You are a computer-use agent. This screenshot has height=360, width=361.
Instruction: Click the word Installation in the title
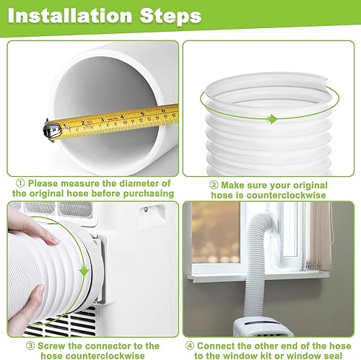click(70, 16)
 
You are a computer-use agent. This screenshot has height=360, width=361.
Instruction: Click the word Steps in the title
click(170, 16)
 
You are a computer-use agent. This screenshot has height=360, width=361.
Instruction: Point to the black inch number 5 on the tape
click(142, 113)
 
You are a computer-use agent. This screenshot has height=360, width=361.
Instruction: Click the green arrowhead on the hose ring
click(273, 119)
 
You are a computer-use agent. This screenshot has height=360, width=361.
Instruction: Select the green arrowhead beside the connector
click(84, 271)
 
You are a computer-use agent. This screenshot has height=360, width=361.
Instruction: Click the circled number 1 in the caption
click(20, 183)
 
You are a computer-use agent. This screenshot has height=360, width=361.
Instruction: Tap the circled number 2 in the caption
click(214, 185)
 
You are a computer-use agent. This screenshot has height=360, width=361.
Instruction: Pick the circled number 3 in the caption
click(30, 346)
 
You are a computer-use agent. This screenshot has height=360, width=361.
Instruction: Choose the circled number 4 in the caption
click(190, 346)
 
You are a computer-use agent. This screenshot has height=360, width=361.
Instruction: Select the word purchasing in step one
click(149, 193)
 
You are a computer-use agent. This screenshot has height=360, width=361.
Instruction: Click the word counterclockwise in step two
click(286, 195)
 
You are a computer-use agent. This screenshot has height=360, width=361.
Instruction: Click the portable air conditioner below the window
click(262, 327)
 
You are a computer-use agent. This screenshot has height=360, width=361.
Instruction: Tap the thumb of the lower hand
click(38, 297)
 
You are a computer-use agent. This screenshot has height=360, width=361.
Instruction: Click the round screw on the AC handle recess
click(146, 210)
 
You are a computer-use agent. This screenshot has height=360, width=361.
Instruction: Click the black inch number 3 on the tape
click(102, 120)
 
